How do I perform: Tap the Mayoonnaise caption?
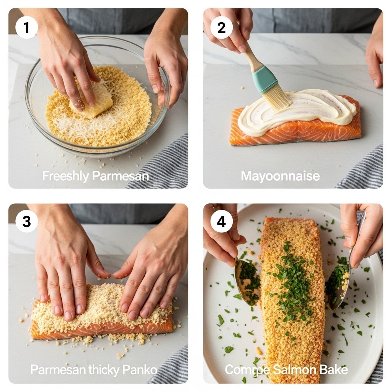pyautogui.click(x=280, y=176)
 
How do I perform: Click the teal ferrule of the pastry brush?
pyautogui.click(x=265, y=79)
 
